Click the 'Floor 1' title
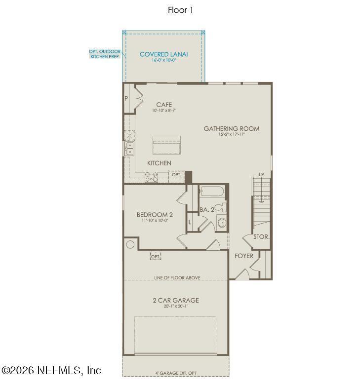coord(180,10)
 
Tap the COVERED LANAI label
coord(163,54)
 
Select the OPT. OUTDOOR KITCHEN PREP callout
coord(104,53)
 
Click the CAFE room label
coord(164,105)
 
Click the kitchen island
coord(166,147)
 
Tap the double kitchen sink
coord(129,148)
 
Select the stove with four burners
coord(151,177)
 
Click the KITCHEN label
coord(159,163)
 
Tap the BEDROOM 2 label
coord(155,215)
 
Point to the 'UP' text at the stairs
coord(261,175)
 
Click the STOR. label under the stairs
coord(261,237)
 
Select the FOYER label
coord(243,256)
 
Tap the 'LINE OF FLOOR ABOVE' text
coord(177,278)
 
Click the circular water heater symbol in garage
coord(131,244)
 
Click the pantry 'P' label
coord(126,98)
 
